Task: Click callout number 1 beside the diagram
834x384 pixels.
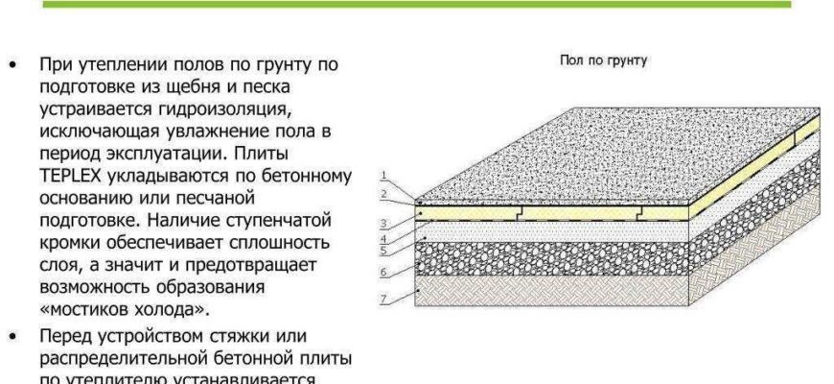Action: [x=382, y=174]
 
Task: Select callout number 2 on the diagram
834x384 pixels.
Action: [x=382, y=194]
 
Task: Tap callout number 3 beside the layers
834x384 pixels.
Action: [x=382, y=223]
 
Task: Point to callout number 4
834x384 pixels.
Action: [x=382, y=238]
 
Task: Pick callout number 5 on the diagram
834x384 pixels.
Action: [x=382, y=251]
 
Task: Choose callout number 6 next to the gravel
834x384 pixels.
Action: [x=382, y=272]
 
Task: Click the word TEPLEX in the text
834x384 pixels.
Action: [x=73, y=177]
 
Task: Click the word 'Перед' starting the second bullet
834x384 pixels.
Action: [x=67, y=337]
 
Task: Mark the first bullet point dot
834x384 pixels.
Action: [x=12, y=65]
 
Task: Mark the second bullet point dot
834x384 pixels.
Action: [x=12, y=337]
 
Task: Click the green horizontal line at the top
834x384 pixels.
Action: [x=417, y=4]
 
